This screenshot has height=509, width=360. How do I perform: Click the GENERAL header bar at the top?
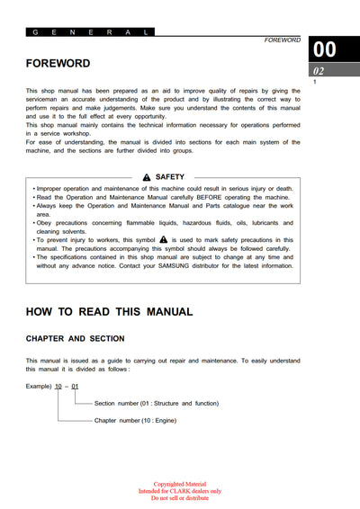(x=90, y=31)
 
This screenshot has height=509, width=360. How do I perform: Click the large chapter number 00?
(x=325, y=50)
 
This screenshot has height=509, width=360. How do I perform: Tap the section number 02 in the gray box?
(x=319, y=71)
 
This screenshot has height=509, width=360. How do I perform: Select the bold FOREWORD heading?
(x=58, y=64)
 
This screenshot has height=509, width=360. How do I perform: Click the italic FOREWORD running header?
(x=282, y=40)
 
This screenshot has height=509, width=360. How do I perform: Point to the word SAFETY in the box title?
(x=170, y=177)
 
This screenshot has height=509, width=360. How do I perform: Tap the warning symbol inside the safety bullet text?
(x=163, y=240)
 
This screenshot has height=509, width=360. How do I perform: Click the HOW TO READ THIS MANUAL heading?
(x=109, y=312)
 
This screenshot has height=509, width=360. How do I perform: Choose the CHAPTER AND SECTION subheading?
(x=76, y=339)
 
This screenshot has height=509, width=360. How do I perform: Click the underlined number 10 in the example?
(x=58, y=386)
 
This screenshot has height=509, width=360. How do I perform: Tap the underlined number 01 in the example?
(x=76, y=386)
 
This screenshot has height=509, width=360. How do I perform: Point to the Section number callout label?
(x=156, y=404)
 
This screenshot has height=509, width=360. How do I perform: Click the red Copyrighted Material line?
(x=180, y=485)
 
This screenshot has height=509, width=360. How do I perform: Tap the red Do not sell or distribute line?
(x=180, y=498)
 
